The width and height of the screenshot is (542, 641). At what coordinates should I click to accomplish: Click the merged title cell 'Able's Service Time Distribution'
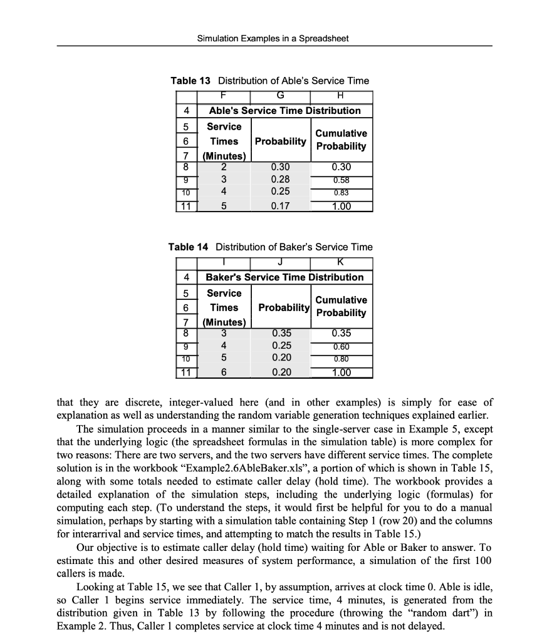284,111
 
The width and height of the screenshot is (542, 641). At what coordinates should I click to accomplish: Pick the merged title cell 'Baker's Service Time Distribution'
284,277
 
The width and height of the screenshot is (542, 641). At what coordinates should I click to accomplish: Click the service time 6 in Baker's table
224,373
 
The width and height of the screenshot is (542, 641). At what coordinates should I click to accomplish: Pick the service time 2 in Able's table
224,167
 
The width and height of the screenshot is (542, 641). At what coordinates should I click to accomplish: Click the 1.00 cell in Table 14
340,373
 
